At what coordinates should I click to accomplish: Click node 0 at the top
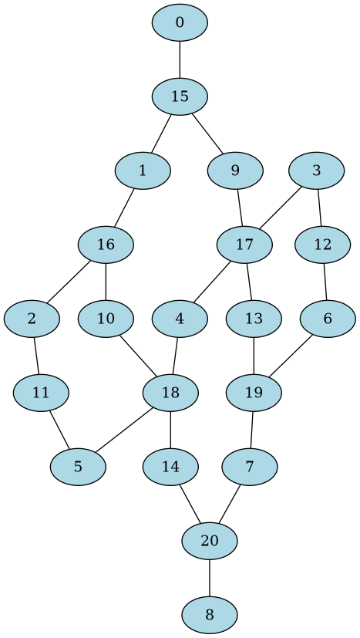click(x=180, y=22)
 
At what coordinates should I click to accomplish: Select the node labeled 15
click(x=180, y=96)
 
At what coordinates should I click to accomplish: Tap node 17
click(x=244, y=245)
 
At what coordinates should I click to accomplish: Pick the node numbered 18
click(x=170, y=393)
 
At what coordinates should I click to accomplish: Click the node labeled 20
click(x=210, y=541)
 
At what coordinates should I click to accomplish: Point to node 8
click(x=210, y=615)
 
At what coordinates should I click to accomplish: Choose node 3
click(x=317, y=170)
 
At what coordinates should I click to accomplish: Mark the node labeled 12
click(x=323, y=245)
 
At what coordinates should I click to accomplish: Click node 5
click(x=78, y=467)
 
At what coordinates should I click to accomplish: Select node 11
click(x=41, y=393)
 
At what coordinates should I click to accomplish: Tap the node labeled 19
click(x=254, y=393)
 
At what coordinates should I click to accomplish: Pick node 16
click(x=106, y=245)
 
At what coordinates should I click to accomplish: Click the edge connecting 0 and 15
click(x=180, y=59)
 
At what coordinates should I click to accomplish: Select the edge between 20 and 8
click(x=210, y=578)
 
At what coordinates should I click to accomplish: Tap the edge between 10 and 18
click(x=138, y=356)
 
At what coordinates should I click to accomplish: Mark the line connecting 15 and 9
click(x=207, y=133)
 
